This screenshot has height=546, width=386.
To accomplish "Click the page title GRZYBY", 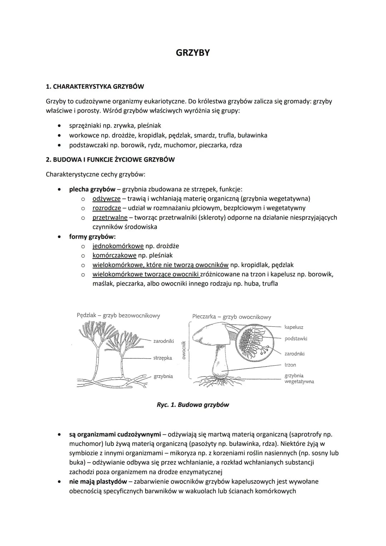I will point(193,53).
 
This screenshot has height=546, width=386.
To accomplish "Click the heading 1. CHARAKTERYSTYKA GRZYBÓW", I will point(95,87).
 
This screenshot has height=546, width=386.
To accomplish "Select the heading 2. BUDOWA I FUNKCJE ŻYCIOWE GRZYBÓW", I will point(110,159).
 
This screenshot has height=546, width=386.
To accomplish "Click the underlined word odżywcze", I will point(106,198).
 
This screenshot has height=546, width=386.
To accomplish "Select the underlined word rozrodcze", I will point(107,208).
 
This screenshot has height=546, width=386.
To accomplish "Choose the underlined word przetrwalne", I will point(110,217).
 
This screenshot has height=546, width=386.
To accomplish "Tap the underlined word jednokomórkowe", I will point(118,246).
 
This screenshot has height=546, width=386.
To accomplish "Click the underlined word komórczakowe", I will point(114,255).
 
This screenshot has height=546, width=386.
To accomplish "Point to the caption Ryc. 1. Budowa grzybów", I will point(193,405).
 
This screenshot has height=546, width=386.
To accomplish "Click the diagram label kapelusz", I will point(294,327).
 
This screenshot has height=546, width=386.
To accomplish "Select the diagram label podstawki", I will point(296,339).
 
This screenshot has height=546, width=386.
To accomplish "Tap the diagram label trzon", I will point(290,365).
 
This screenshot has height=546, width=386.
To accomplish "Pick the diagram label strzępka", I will point(163,358).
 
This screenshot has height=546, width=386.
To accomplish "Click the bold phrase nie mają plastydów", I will point(98,482).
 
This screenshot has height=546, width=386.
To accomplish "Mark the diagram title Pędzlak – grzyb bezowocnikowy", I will point(118,315).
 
